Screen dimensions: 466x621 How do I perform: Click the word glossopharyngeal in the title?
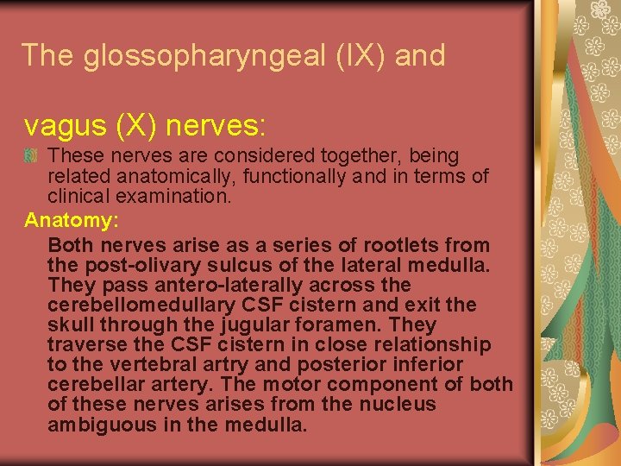coord(202,56)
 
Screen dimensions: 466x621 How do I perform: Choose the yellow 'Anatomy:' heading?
coord(72,221)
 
